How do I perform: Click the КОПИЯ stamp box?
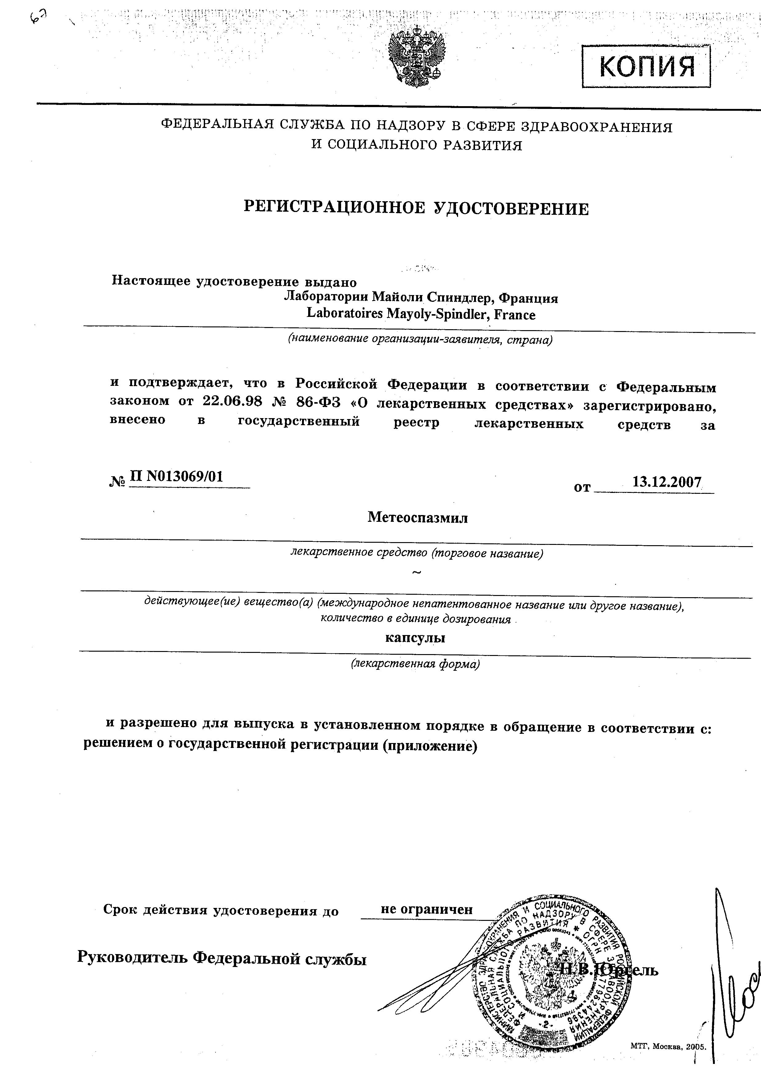point(646,66)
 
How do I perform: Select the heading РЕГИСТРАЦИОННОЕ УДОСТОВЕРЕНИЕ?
point(417,208)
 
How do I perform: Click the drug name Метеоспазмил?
point(417,518)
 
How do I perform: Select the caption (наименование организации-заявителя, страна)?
point(420,340)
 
